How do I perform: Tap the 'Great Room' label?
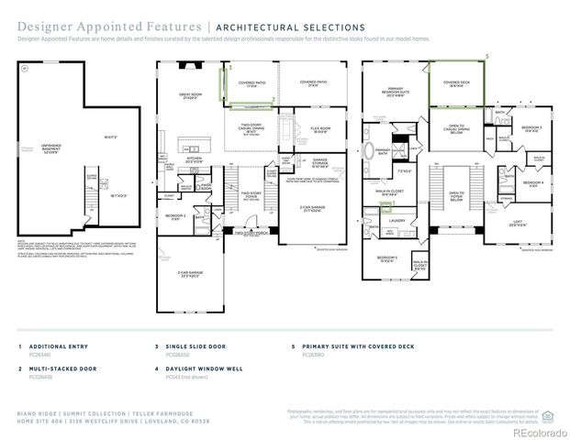190,95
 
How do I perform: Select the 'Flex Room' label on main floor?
320,129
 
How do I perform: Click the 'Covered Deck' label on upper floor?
457,84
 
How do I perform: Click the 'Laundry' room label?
397,220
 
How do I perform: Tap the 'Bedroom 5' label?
386,259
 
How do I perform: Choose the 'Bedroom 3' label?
531,127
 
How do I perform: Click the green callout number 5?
487,56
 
